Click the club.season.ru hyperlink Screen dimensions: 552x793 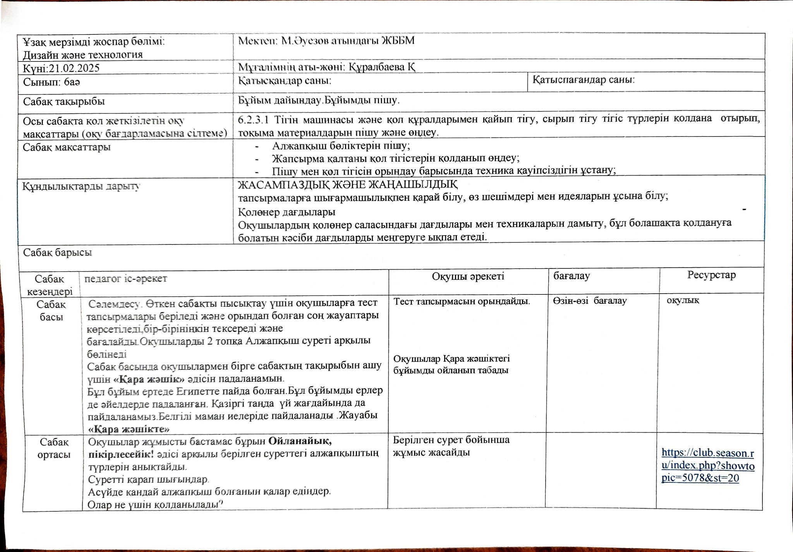708,465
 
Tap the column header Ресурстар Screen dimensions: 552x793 711,275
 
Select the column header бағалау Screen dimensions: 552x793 572,276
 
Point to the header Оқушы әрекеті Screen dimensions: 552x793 468,276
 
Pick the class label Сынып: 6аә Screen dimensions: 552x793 51,82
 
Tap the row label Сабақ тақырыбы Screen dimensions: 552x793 64,102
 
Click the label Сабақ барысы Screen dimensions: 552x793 58,253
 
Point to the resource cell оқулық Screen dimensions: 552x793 683,301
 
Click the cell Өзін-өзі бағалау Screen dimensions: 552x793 590,301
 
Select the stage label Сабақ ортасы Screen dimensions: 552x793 54,448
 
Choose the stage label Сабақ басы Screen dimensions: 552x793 51,311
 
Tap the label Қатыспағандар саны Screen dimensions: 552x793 584,80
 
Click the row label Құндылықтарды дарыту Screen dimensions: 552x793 81,186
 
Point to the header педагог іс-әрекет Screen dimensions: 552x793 125,279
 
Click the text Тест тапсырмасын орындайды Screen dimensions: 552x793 462,301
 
